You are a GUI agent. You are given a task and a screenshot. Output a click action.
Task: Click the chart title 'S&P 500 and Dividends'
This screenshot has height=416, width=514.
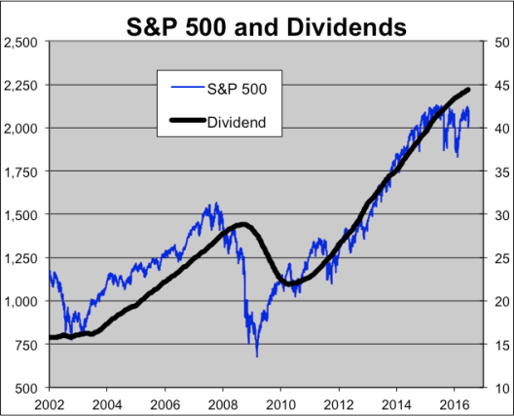(267, 26)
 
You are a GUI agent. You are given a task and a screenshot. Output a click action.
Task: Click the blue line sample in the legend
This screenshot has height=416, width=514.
(185, 90)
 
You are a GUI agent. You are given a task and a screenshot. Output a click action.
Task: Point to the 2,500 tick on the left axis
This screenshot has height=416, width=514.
(22, 42)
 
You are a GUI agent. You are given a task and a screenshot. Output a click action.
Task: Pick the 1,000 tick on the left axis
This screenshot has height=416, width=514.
(22, 301)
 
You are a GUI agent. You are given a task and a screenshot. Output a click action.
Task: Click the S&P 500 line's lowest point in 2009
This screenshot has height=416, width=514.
(257, 356)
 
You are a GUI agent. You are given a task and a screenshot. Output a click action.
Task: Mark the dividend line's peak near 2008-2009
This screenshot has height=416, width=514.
(242, 224)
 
